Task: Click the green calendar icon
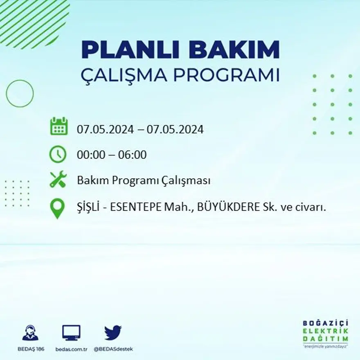tap(59, 126)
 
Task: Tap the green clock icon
tap(58, 154)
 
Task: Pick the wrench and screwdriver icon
tap(58, 180)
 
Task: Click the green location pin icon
tap(57, 208)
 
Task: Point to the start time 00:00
tap(89, 155)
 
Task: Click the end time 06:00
tap(133, 155)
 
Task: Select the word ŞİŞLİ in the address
tap(88, 207)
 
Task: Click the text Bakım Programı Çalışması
tap(144, 181)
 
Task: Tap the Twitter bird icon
tap(113, 333)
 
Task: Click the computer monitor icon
tap(71, 333)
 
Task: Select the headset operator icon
tap(30, 333)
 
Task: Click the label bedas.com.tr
tap(71, 349)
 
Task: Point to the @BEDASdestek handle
tap(113, 349)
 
